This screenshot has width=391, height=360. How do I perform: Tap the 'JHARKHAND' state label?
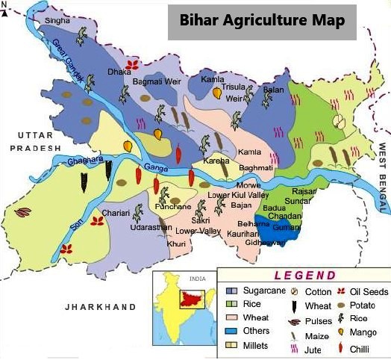click(100, 307)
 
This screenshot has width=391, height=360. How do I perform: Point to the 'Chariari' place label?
click(116, 213)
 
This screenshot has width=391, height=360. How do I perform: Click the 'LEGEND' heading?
click(304, 275)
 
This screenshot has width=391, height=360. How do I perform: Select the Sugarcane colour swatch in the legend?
click(232, 291)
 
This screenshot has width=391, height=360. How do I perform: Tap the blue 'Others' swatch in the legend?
click(232, 331)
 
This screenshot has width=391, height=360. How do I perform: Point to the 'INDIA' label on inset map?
click(197, 279)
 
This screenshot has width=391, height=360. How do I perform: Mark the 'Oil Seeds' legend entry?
click(366, 291)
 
